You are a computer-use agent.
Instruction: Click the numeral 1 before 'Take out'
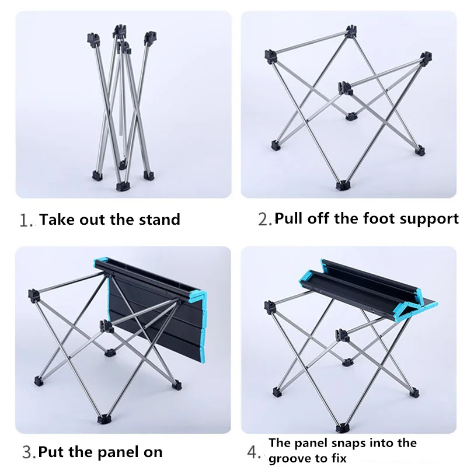pyautogui.click(x=24, y=221)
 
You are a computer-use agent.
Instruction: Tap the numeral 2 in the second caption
pyautogui.click(x=263, y=219)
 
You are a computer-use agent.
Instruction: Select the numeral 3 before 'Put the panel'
pyautogui.click(x=27, y=452)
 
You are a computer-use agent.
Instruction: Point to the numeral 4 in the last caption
pyautogui.click(x=253, y=452)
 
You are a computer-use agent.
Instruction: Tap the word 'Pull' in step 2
pyautogui.click(x=288, y=218)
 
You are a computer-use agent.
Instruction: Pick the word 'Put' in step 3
pyautogui.click(x=51, y=452)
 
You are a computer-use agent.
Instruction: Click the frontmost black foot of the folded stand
pyautogui.click(x=123, y=186)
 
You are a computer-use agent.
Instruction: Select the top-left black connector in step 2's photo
pyautogui.click(x=270, y=56)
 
